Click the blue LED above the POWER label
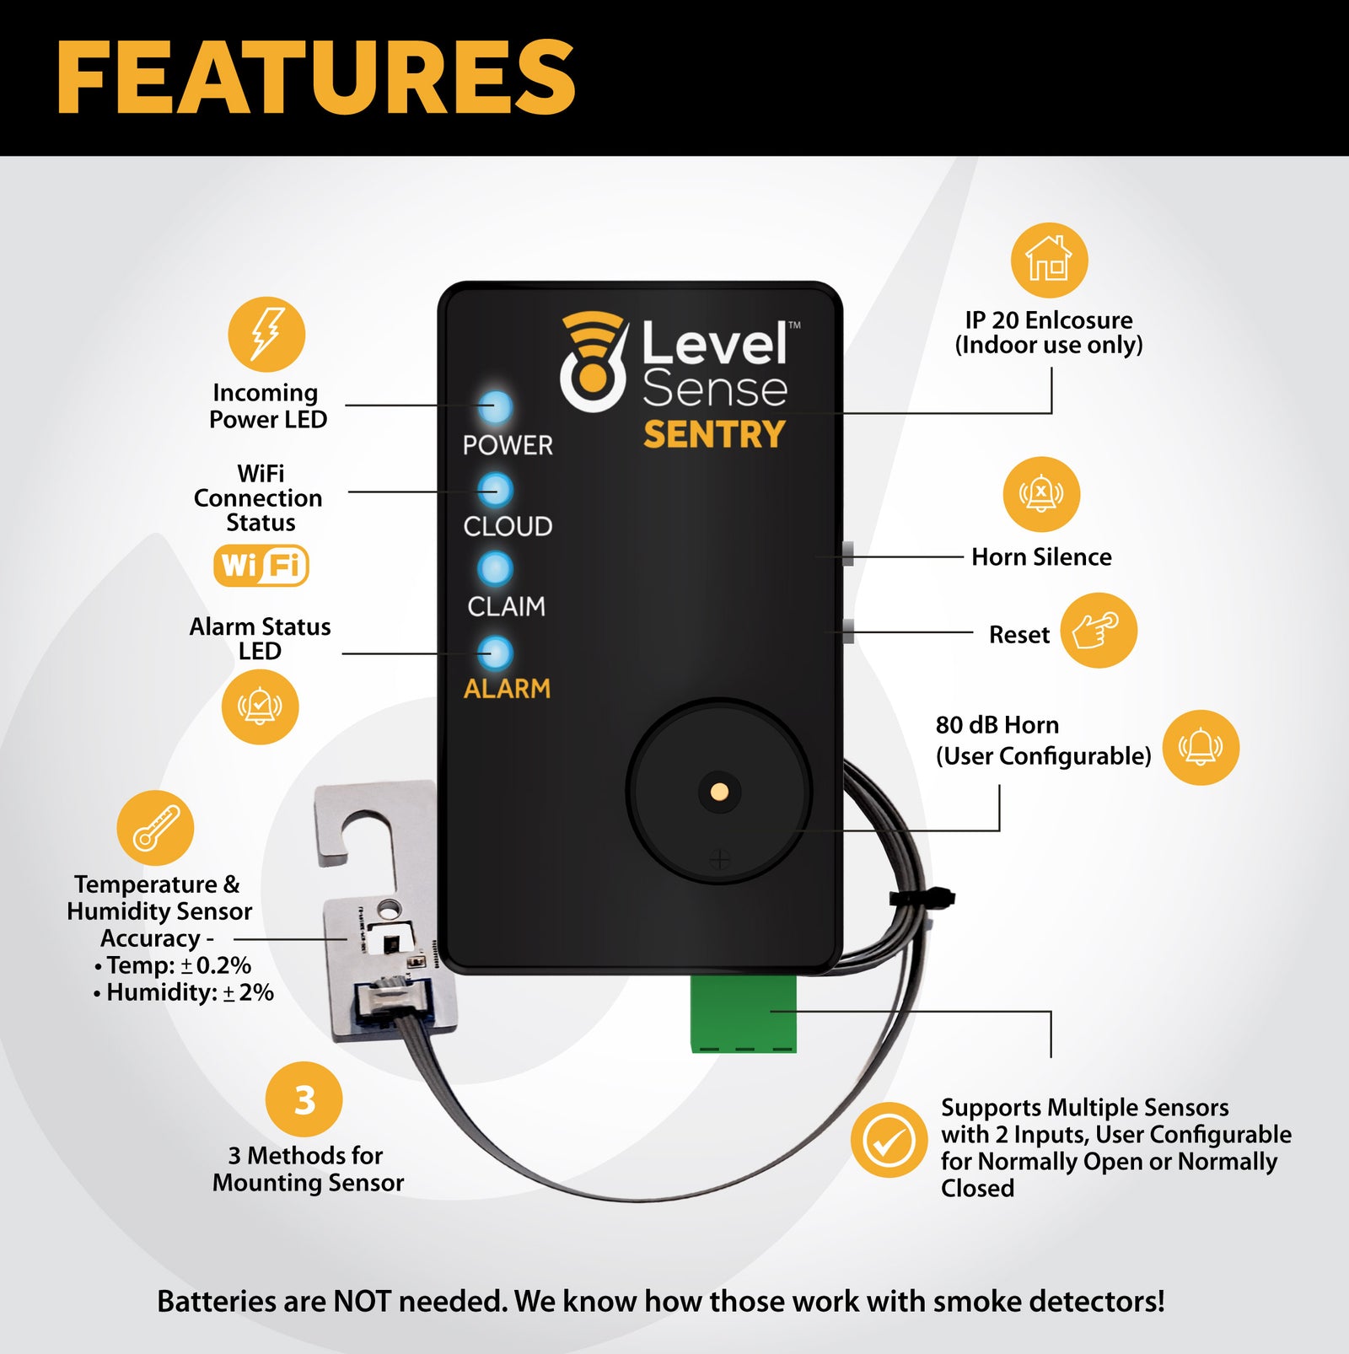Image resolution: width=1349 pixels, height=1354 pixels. pos(495,406)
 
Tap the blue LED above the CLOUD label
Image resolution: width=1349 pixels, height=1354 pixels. pos(495,489)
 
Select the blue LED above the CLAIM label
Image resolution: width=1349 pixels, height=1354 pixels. pos(495,569)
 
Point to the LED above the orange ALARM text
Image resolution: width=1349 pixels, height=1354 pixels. pos(495,653)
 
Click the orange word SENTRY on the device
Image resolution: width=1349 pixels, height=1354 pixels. pos(714,435)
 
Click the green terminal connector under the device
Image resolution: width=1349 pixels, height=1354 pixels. pos(743,1013)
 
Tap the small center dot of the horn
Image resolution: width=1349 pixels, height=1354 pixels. pos(719,792)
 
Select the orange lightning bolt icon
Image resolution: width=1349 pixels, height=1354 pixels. pos(266,334)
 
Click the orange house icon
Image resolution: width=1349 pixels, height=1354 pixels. pos(1049,260)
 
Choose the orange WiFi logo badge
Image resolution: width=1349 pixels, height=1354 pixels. pos(261,565)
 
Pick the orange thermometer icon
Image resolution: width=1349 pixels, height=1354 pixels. pos(155,828)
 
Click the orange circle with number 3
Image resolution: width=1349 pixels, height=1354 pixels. pos(304,1099)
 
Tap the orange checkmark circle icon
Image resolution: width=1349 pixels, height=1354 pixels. pos(889,1141)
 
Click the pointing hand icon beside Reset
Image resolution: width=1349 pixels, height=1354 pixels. pos(1098,631)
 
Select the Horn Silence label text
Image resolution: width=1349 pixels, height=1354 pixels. pos(1041,557)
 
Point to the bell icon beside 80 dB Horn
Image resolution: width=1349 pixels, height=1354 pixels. pos(1201,747)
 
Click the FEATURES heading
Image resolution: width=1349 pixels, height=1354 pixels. pos(315,78)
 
